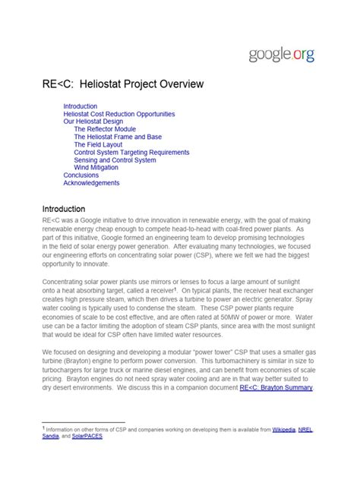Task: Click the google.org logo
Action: click(280, 54)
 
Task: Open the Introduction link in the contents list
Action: click(80, 106)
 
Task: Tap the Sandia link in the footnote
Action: click(50, 438)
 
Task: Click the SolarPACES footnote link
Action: click(90, 438)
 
